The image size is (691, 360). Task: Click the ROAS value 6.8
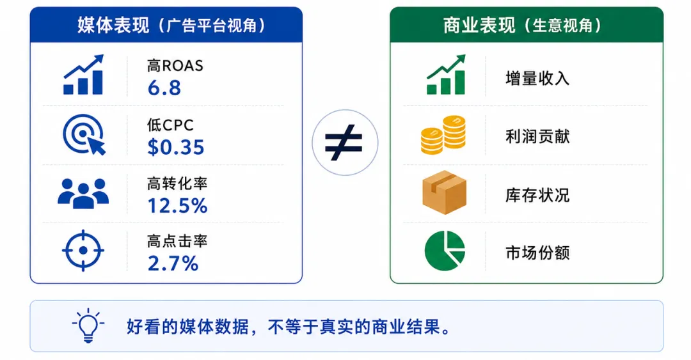coord(164,88)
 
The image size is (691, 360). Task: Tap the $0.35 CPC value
coord(176,147)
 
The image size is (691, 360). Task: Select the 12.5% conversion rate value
coord(177,206)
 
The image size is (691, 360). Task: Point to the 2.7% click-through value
coord(173,263)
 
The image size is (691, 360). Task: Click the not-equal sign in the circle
coord(344,143)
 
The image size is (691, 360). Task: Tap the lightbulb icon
coord(88,325)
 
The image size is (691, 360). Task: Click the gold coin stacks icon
coord(443,135)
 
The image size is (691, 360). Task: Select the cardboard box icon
coord(444,192)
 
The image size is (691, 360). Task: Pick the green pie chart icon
coord(445,250)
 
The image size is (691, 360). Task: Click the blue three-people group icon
coord(83,194)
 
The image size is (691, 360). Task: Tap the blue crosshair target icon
coord(83,250)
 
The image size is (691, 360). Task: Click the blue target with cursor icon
coord(84,134)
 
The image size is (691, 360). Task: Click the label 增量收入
coord(537,79)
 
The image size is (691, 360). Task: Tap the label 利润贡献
coord(537,137)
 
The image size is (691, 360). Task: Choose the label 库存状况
coord(537,195)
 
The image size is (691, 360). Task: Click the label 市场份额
coord(537,253)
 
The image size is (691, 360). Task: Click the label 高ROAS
coord(175,66)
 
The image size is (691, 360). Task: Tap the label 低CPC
coord(170,125)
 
